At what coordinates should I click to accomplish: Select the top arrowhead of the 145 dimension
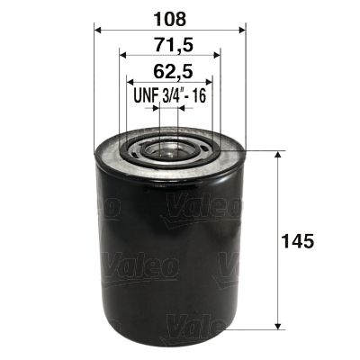click(x=277, y=155)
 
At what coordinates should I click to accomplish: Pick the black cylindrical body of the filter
click(x=169, y=261)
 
